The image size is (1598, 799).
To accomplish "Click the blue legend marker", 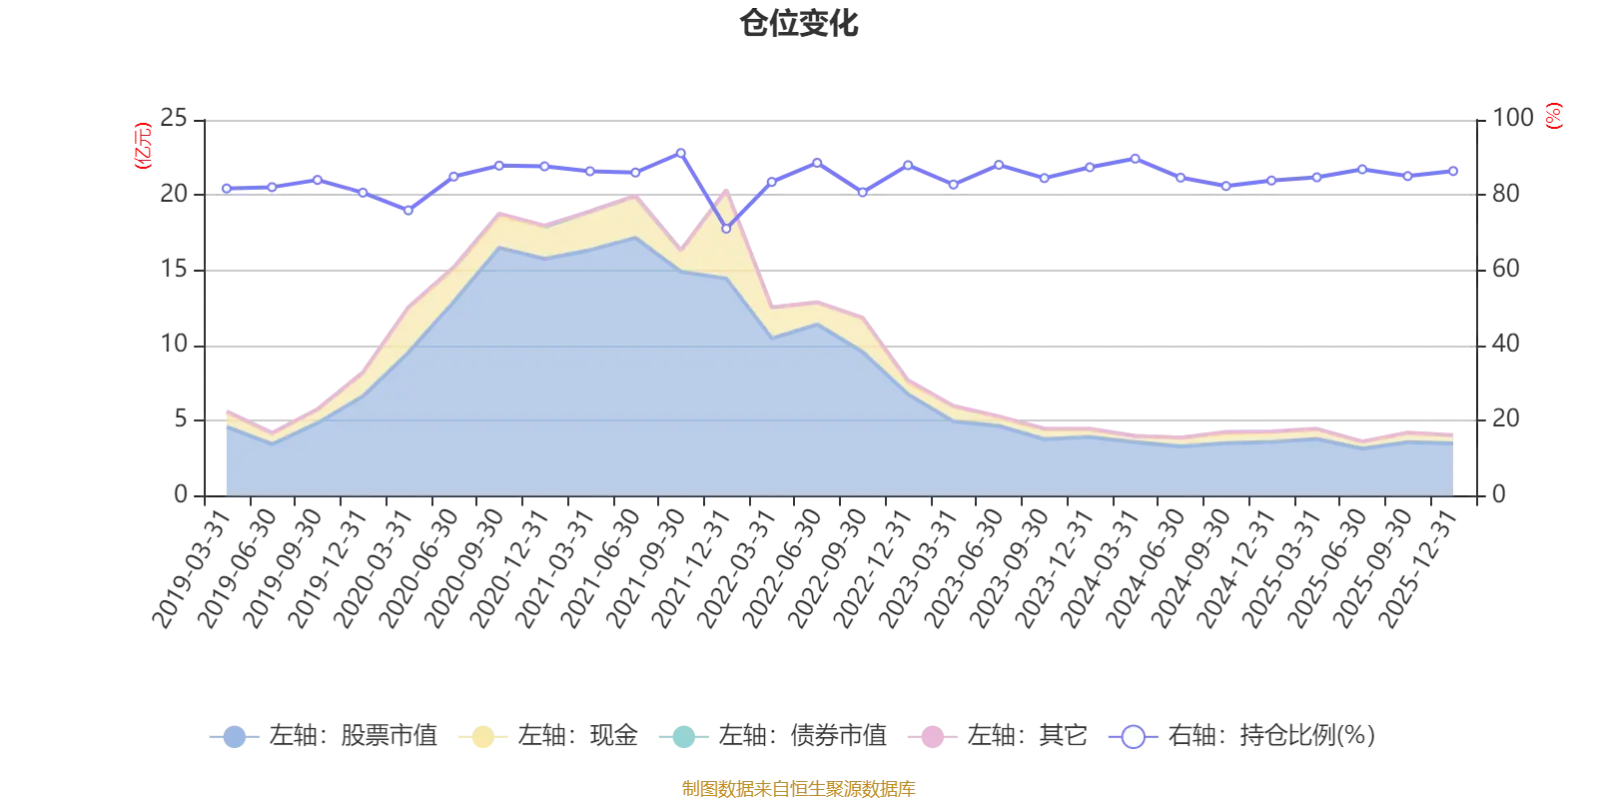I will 235,737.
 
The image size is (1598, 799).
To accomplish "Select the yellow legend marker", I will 482,737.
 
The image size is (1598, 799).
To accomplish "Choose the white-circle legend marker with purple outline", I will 1134,737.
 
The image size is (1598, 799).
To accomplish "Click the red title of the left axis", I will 142,145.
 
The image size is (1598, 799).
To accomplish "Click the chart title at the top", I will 801,24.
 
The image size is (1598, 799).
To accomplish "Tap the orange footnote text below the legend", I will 797,787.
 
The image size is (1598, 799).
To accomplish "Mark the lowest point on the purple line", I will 726,229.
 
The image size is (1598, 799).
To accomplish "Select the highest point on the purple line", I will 681,152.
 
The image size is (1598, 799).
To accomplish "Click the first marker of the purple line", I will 227,188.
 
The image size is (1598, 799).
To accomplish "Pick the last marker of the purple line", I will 1453,172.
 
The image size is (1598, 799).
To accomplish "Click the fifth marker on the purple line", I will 408,210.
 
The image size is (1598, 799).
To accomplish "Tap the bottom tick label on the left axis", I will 180,491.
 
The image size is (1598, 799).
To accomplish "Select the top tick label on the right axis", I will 1512,117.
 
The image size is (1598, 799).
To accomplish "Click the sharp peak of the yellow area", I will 726,189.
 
